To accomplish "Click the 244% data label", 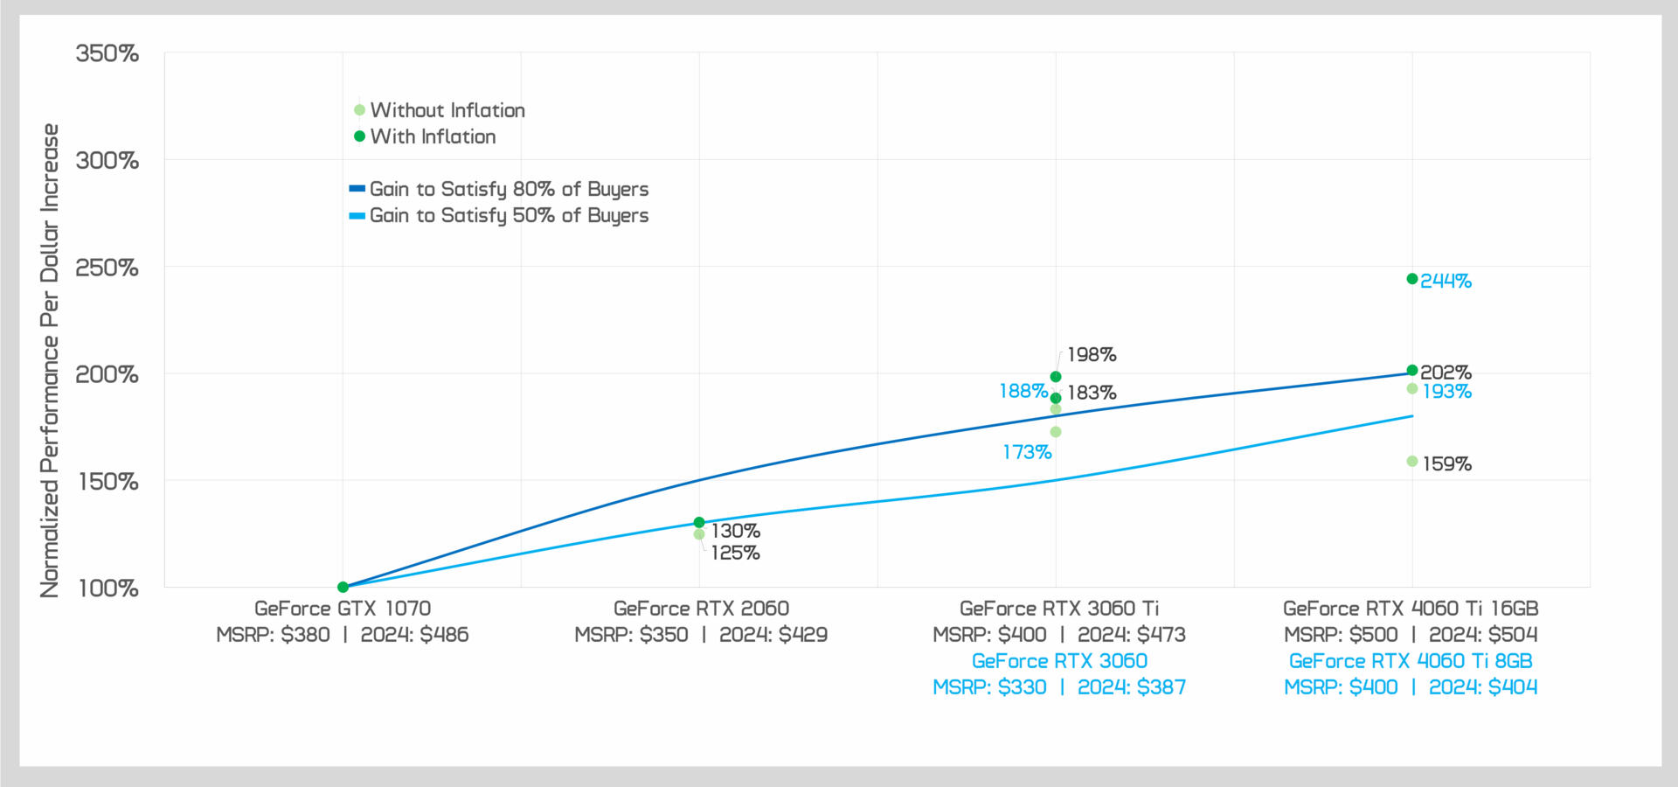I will click(x=1446, y=281).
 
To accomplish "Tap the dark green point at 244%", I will click(x=1412, y=279).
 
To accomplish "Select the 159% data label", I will click(x=1446, y=464).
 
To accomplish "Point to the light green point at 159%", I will click(x=1412, y=462).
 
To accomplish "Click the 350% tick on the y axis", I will click(x=107, y=53).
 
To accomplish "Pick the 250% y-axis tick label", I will click(x=107, y=268).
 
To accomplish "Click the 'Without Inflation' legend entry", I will click(x=447, y=110).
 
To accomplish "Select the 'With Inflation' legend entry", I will click(x=433, y=136).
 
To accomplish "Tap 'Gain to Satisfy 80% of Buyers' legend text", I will click(x=509, y=189).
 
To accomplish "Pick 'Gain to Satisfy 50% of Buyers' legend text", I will click(x=509, y=215).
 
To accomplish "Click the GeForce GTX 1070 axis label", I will click(x=343, y=609).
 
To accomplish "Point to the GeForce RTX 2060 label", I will click(x=701, y=609).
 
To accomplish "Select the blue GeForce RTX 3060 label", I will click(x=1059, y=661).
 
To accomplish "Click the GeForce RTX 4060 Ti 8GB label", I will click(x=1411, y=661).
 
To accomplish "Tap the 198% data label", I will click(x=1092, y=355).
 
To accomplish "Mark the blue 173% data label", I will click(x=1027, y=452).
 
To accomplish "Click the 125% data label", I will click(x=735, y=553).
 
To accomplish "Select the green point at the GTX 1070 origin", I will click(x=343, y=588).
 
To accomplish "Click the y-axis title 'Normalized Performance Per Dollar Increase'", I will click(x=50, y=360).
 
